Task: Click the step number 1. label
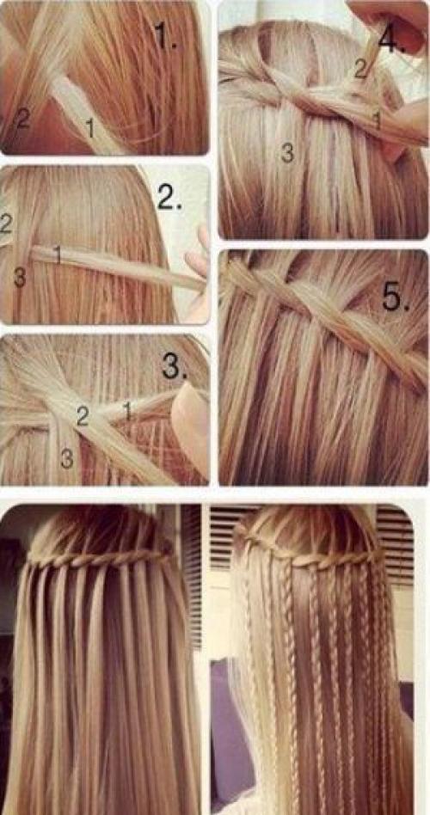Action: click(x=166, y=35)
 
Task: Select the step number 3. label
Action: click(x=175, y=366)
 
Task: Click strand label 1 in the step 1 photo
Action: click(x=90, y=128)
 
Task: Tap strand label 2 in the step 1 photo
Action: click(x=22, y=119)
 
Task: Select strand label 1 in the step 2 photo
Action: click(x=58, y=254)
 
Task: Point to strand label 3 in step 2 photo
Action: click(x=19, y=278)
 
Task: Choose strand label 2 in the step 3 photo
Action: click(x=83, y=417)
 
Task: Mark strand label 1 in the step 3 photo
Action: click(x=126, y=410)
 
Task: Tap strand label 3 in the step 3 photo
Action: click(x=66, y=458)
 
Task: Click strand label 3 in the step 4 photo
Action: click(x=286, y=152)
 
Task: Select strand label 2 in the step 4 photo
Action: click(x=361, y=69)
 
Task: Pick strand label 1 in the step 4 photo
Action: click(x=378, y=120)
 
